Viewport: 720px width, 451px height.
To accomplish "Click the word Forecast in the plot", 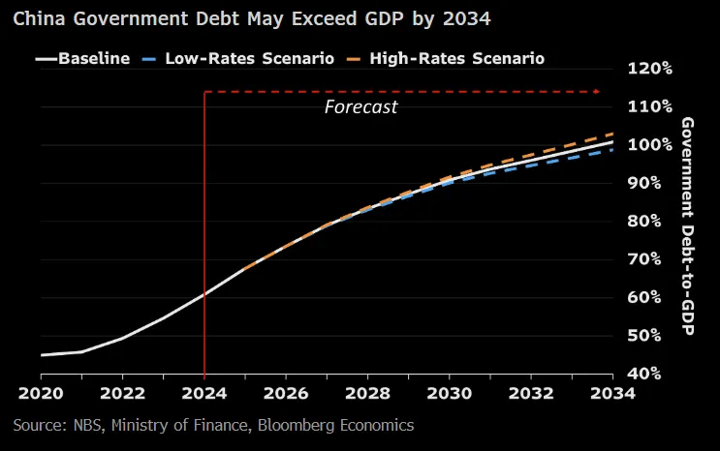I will point(360,106).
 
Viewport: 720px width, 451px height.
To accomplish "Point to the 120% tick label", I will point(649,69).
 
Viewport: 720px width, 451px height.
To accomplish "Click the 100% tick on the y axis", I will point(649,144).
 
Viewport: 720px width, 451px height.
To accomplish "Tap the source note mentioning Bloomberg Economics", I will point(213,425).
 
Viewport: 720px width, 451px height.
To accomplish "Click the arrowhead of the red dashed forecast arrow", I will point(599,92).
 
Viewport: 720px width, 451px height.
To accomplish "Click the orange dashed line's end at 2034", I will point(611,134).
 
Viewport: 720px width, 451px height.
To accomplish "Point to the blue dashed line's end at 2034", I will point(611,150).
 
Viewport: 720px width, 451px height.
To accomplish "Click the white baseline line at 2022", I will point(123,338).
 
